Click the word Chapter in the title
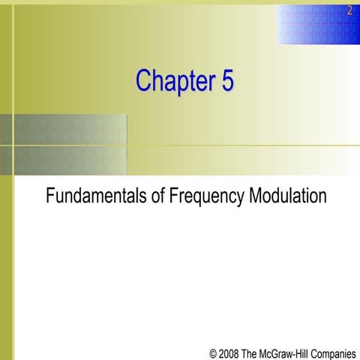tap(175, 80)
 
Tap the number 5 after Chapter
tap(226, 80)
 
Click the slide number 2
tap(349, 10)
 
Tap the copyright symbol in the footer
tap(214, 351)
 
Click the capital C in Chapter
tap(144, 80)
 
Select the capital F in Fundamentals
tap(50, 196)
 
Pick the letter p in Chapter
tap(182, 82)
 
